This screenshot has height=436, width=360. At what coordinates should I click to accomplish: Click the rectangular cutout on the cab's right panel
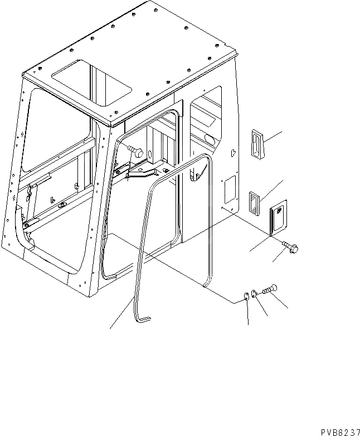tap(228, 189)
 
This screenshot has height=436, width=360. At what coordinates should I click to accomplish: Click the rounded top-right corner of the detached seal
tap(208, 162)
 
